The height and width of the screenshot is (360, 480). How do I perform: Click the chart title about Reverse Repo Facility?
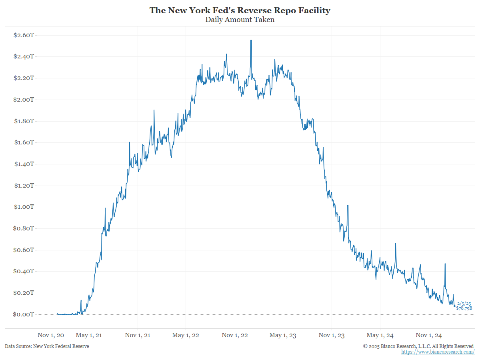click(x=240, y=10)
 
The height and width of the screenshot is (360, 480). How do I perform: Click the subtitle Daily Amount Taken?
click(x=240, y=20)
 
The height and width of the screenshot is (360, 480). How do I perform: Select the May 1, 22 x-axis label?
click(x=186, y=335)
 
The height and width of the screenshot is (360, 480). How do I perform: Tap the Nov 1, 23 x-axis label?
click(x=332, y=335)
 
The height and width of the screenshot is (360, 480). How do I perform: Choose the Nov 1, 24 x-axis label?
click(x=428, y=335)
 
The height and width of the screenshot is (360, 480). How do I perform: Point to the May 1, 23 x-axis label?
click(x=282, y=335)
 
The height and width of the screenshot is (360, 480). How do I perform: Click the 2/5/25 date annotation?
click(x=464, y=304)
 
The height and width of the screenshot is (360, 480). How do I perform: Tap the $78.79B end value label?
click(x=464, y=308)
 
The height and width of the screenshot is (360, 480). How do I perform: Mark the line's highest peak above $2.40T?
click(x=251, y=40)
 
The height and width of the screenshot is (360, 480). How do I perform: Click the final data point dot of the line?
click(x=454, y=306)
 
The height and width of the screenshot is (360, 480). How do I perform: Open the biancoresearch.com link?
click(x=438, y=352)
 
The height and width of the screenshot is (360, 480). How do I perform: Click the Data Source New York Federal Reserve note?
click(x=47, y=346)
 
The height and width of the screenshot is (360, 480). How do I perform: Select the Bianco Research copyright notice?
click(x=418, y=346)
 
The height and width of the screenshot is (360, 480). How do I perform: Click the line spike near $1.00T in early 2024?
click(x=348, y=205)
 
